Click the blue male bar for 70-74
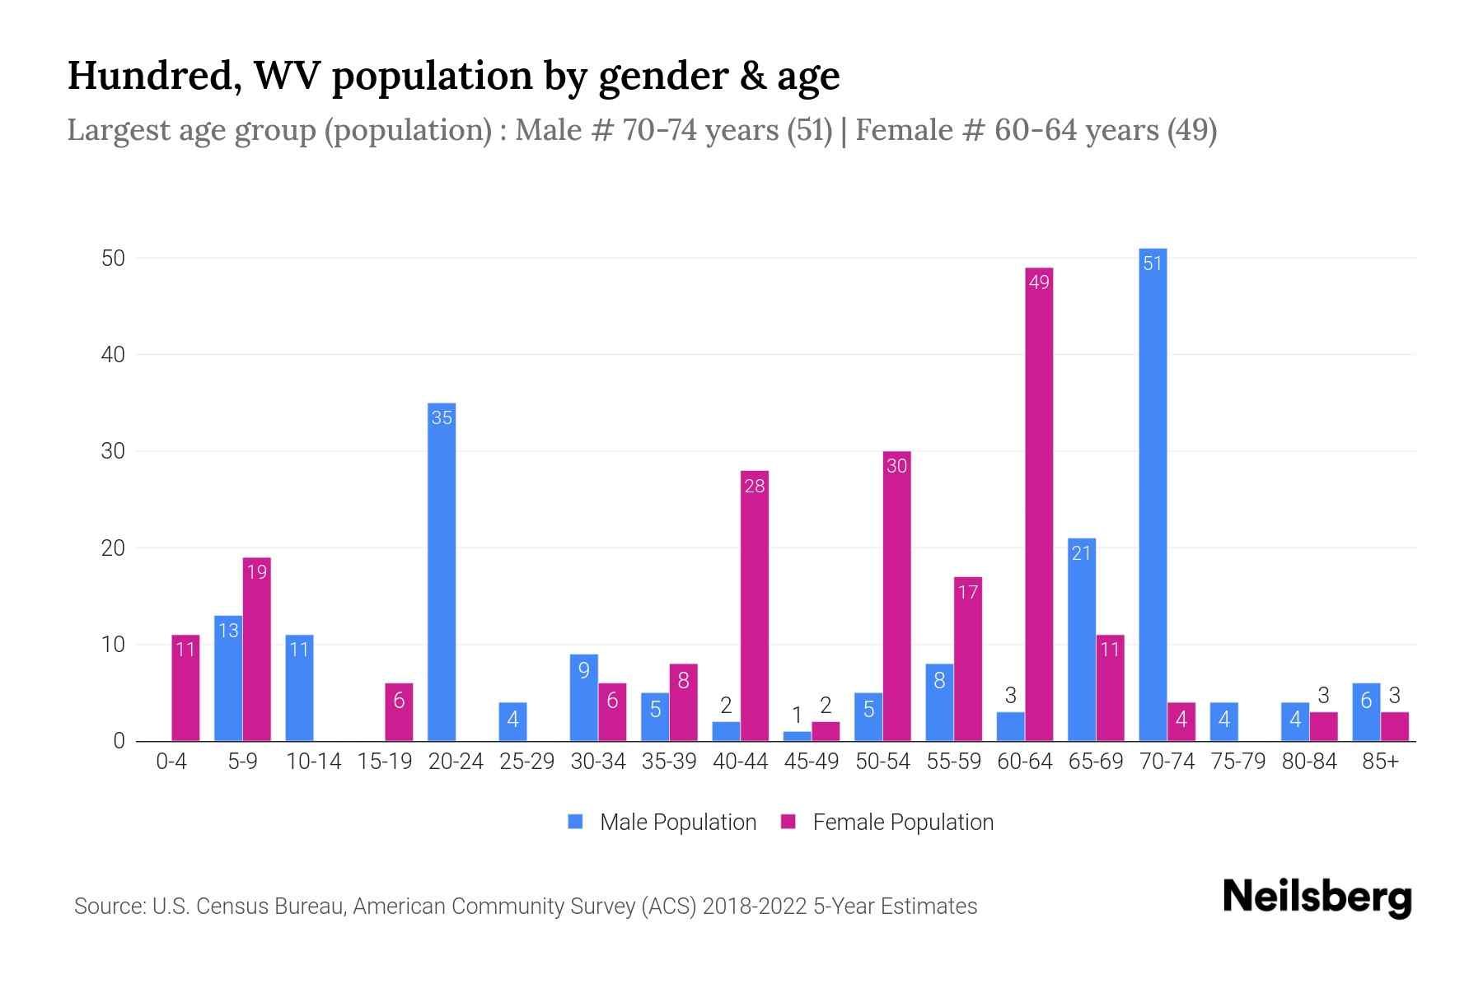pos(1153,494)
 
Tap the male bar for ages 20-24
pos(442,572)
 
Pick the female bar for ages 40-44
pos(755,606)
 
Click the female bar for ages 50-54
pos(896,596)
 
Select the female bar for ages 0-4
pos(185,688)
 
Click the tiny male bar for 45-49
pos(797,736)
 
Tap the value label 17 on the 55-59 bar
pos(967,592)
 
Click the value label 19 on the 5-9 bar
pos(256,571)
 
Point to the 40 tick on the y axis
pos(113,355)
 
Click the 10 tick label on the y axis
pos(113,645)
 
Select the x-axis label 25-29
pos(526,762)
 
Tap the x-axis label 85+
pos(1380,762)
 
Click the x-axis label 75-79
pos(1237,762)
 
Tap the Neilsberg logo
pos(1317,897)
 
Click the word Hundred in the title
pos(154,76)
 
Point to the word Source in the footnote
pos(108,906)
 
